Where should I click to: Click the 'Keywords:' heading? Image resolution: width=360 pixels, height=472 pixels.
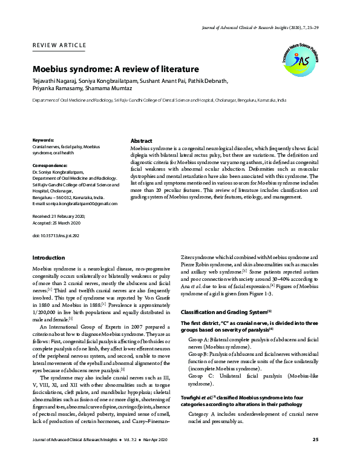click(43, 140)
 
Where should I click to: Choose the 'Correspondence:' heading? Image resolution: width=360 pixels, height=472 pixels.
click(50, 165)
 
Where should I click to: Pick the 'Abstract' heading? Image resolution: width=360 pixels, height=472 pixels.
click(142, 140)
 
